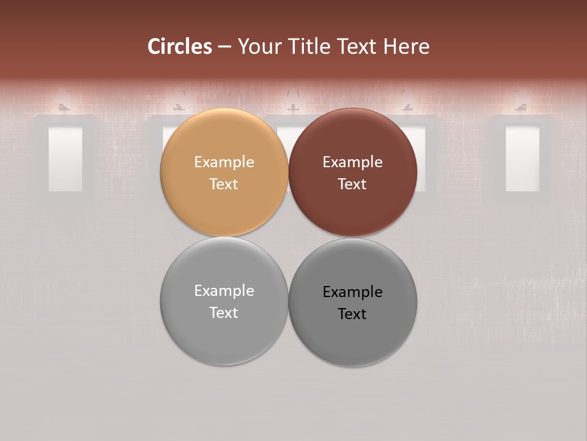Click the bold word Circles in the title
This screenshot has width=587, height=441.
pyautogui.click(x=180, y=47)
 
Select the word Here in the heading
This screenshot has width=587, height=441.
pyautogui.click(x=407, y=47)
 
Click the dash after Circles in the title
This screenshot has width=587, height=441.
pyautogui.click(x=224, y=47)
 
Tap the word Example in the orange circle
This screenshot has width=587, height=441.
pyautogui.click(x=224, y=162)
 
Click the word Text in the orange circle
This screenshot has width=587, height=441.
pyautogui.click(x=224, y=184)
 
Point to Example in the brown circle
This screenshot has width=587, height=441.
pyautogui.click(x=353, y=162)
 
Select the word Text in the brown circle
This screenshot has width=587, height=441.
pyautogui.click(x=353, y=184)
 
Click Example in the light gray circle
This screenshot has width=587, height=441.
pyautogui.click(x=224, y=291)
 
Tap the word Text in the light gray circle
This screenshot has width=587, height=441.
pyautogui.click(x=224, y=313)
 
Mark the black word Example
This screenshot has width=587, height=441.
pyautogui.click(x=353, y=292)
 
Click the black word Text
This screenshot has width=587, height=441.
pyautogui.click(x=353, y=314)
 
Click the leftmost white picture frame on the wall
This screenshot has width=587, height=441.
pyautogui.click(x=65, y=159)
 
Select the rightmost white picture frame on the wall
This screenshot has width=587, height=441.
pyautogui.click(x=523, y=159)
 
